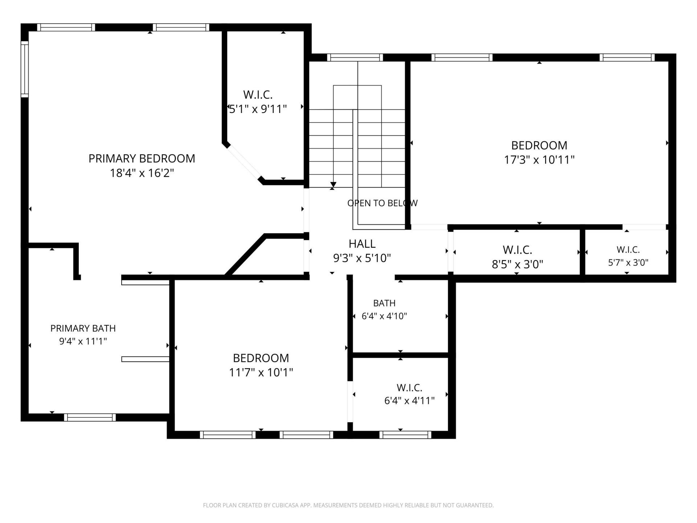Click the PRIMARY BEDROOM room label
(142, 158)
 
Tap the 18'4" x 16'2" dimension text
(142, 173)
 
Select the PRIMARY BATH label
(83, 328)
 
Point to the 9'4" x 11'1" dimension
(83, 341)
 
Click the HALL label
(362, 244)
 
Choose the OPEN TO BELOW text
(382, 203)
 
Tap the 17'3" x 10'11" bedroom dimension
(539, 160)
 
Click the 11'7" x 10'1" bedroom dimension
(261, 373)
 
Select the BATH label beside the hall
(384, 303)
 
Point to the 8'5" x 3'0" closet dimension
(517, 264)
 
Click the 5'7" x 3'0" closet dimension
(628, 262)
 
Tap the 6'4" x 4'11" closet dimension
(409, 401)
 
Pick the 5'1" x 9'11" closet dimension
(258, 109)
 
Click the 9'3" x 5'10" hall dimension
(362, 258)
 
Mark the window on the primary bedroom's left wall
(24, 69)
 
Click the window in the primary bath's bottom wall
(90, 417)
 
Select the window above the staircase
(355, 57)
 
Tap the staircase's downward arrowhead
(333, 185)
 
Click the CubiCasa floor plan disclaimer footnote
(348, 505)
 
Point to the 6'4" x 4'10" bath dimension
(384, 316)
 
